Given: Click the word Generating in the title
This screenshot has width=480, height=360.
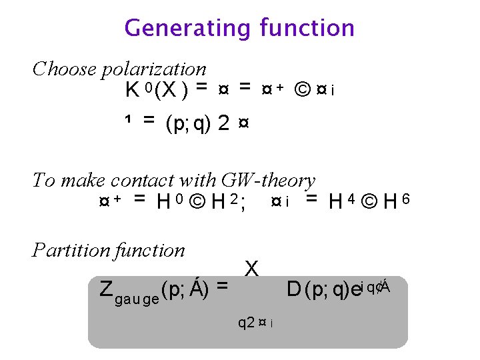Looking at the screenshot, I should (x=187, y=29).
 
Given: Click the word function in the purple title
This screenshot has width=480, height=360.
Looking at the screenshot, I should (x=307, y=28).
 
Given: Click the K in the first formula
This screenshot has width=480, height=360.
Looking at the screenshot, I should (x=133, y=90).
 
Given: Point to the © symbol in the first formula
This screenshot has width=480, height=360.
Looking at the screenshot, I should (x=301, y=89).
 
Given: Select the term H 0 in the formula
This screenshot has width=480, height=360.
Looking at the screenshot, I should (x=166, y=201).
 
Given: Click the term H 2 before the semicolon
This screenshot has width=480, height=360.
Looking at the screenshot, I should (x=223, y=201).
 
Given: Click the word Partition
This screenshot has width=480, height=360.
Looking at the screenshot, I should (x=72, y=251).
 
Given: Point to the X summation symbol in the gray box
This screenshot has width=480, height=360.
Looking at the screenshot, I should (x=251, y=269).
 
